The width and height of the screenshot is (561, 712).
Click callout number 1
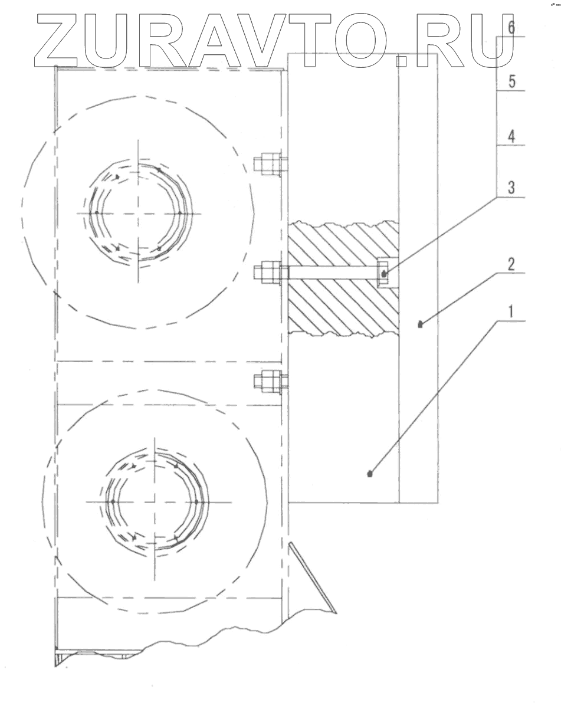511,311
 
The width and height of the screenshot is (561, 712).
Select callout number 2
511,264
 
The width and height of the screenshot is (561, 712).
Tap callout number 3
511,188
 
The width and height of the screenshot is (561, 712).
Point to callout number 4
511,136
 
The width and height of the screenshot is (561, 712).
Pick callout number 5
511,81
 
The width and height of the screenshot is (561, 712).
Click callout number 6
511,28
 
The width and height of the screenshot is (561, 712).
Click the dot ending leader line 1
370,474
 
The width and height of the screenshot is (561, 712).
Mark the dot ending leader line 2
421,324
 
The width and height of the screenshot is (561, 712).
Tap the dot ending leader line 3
384,274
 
